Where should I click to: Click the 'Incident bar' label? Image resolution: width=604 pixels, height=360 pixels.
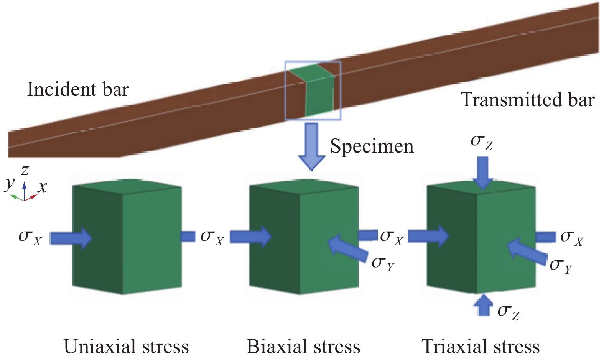(x=78, y=90)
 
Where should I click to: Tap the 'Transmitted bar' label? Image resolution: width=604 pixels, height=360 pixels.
(x=528, y=100)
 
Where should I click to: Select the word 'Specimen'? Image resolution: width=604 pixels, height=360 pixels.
(x=372, y=146)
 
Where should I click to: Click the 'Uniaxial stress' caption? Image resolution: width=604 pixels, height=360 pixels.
(x=126, y=347)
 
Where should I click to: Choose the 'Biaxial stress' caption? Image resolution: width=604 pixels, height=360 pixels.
(x=303, y=347)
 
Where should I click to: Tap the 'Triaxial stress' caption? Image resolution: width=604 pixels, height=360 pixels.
(x=481, y=347)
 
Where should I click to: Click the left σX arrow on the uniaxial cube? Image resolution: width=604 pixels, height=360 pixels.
(x=71, y=238)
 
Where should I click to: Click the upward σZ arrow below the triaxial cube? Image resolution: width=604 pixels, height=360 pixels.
(x=484, y=304)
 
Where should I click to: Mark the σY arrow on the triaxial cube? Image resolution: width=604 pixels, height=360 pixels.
(x=527, y=252)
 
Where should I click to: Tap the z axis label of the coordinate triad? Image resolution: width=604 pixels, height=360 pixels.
(x=25, y=170)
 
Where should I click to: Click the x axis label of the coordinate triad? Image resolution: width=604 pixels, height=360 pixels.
(x=42, y=187)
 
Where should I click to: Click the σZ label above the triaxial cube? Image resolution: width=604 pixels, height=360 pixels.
(x=481, y=142)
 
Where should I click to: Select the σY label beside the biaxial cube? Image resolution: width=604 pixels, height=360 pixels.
(x=383, y=264)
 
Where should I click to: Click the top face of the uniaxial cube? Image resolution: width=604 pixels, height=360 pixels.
(x=127, y=186)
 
